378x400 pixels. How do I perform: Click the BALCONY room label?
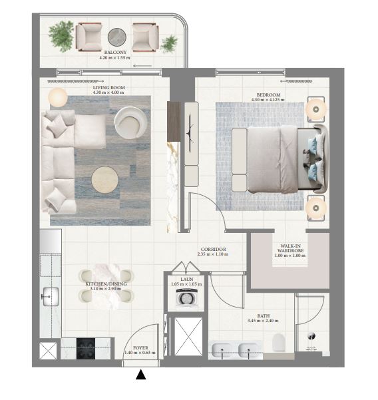[x=115, y=52]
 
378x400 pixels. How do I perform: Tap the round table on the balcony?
[x=117, y=37]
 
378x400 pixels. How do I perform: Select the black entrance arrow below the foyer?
[x=141, y=375]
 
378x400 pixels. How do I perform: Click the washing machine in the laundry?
[x=186, y=298]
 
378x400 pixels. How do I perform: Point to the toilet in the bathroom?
[x=278, y=342]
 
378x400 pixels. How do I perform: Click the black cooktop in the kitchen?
[x=86, y=349]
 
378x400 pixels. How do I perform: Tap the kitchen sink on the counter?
[x=51, y=297]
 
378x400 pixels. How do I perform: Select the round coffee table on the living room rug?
[x=104, y=180]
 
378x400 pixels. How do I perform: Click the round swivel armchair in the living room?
[x=130, y=122]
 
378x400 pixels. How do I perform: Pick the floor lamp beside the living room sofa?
[x=58, y=97]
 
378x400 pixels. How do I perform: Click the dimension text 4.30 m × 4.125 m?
[x=268, y=100]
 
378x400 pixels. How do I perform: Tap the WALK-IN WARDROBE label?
[x=291, y=248]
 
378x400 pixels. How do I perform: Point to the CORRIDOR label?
[x=213, y=249]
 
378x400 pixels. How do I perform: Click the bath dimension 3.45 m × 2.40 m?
[x=263, y=321]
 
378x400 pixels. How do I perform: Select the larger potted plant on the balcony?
[x=61, y=36]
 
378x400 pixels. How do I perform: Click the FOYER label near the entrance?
[x=140, y=348]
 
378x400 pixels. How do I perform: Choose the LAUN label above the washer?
[x=187, y=280]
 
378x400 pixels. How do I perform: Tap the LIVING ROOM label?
[x=109, y=87]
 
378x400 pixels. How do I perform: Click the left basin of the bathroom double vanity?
[x=222, y=349]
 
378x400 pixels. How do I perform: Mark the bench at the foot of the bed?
[x=240, y=160]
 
